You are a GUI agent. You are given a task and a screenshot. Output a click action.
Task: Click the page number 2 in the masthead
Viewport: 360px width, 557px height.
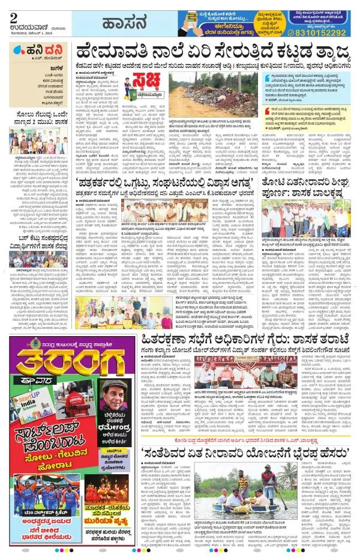[14, 19]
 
